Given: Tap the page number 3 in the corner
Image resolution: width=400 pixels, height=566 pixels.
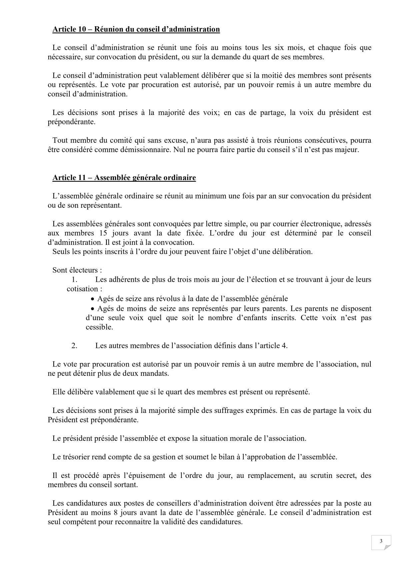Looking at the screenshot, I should click(381, 541).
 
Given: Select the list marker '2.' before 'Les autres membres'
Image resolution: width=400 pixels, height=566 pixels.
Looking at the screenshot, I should click(74, 346).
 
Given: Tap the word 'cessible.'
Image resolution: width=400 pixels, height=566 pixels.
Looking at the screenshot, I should click(99, 327).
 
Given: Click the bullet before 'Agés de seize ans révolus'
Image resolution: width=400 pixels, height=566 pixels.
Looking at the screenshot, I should click(93, 299).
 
